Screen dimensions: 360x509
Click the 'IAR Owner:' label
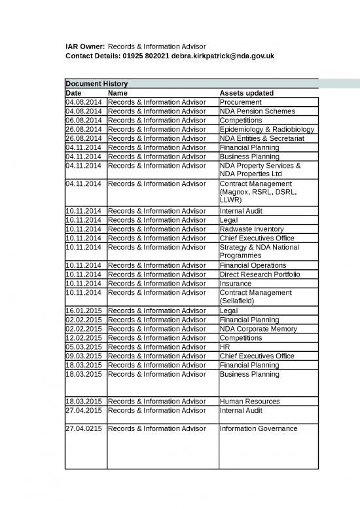[84, 47]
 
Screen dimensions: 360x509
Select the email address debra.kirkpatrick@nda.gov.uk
[218, 56]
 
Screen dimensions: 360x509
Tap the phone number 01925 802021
[145, 56]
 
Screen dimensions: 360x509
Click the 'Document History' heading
[97, 84]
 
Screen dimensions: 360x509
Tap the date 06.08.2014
[85, 121]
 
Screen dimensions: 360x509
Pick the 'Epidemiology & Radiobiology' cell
[267, 130]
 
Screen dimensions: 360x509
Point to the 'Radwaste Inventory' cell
[252, 229]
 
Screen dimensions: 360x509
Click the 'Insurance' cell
[235, 284]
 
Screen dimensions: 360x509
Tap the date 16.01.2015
[85, 311]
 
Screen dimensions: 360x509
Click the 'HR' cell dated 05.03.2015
[225, 347]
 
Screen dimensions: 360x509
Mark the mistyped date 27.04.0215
[85, 428]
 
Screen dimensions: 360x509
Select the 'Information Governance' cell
[259, 428]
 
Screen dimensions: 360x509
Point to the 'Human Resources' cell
[249, 401]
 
